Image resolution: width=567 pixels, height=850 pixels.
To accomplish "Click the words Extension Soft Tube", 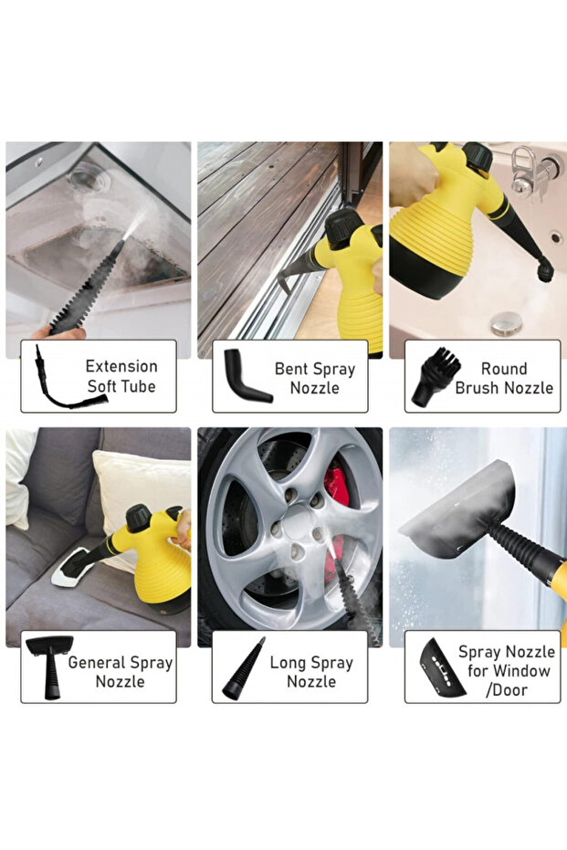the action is (x=121, y=376).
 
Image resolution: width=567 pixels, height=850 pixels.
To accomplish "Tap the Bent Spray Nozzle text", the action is (x=314, y=378).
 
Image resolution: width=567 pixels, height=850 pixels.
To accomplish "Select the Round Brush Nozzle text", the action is (x=504, y=378).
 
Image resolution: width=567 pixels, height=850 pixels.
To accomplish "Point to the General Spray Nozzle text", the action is (x=121, y=671).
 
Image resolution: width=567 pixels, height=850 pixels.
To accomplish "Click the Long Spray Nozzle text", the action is (x=311, y=671).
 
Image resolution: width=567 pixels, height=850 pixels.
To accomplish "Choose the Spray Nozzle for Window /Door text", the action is (x=507, y=670).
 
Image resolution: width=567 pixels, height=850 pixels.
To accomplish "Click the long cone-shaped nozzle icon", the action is (x=244, y=669).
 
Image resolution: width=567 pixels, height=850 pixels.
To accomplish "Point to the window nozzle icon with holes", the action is (x=442, y=668).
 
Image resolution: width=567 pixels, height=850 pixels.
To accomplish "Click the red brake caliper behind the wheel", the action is (x=337, y=488).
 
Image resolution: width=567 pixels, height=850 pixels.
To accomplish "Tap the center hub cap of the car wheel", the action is (x=297, y=521).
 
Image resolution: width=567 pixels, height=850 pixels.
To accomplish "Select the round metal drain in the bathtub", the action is (x=507, y=323).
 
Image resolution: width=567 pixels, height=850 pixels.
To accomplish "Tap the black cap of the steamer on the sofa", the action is (x=138, y=518).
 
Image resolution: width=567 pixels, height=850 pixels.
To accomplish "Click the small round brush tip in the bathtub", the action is (x=545, y=269).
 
